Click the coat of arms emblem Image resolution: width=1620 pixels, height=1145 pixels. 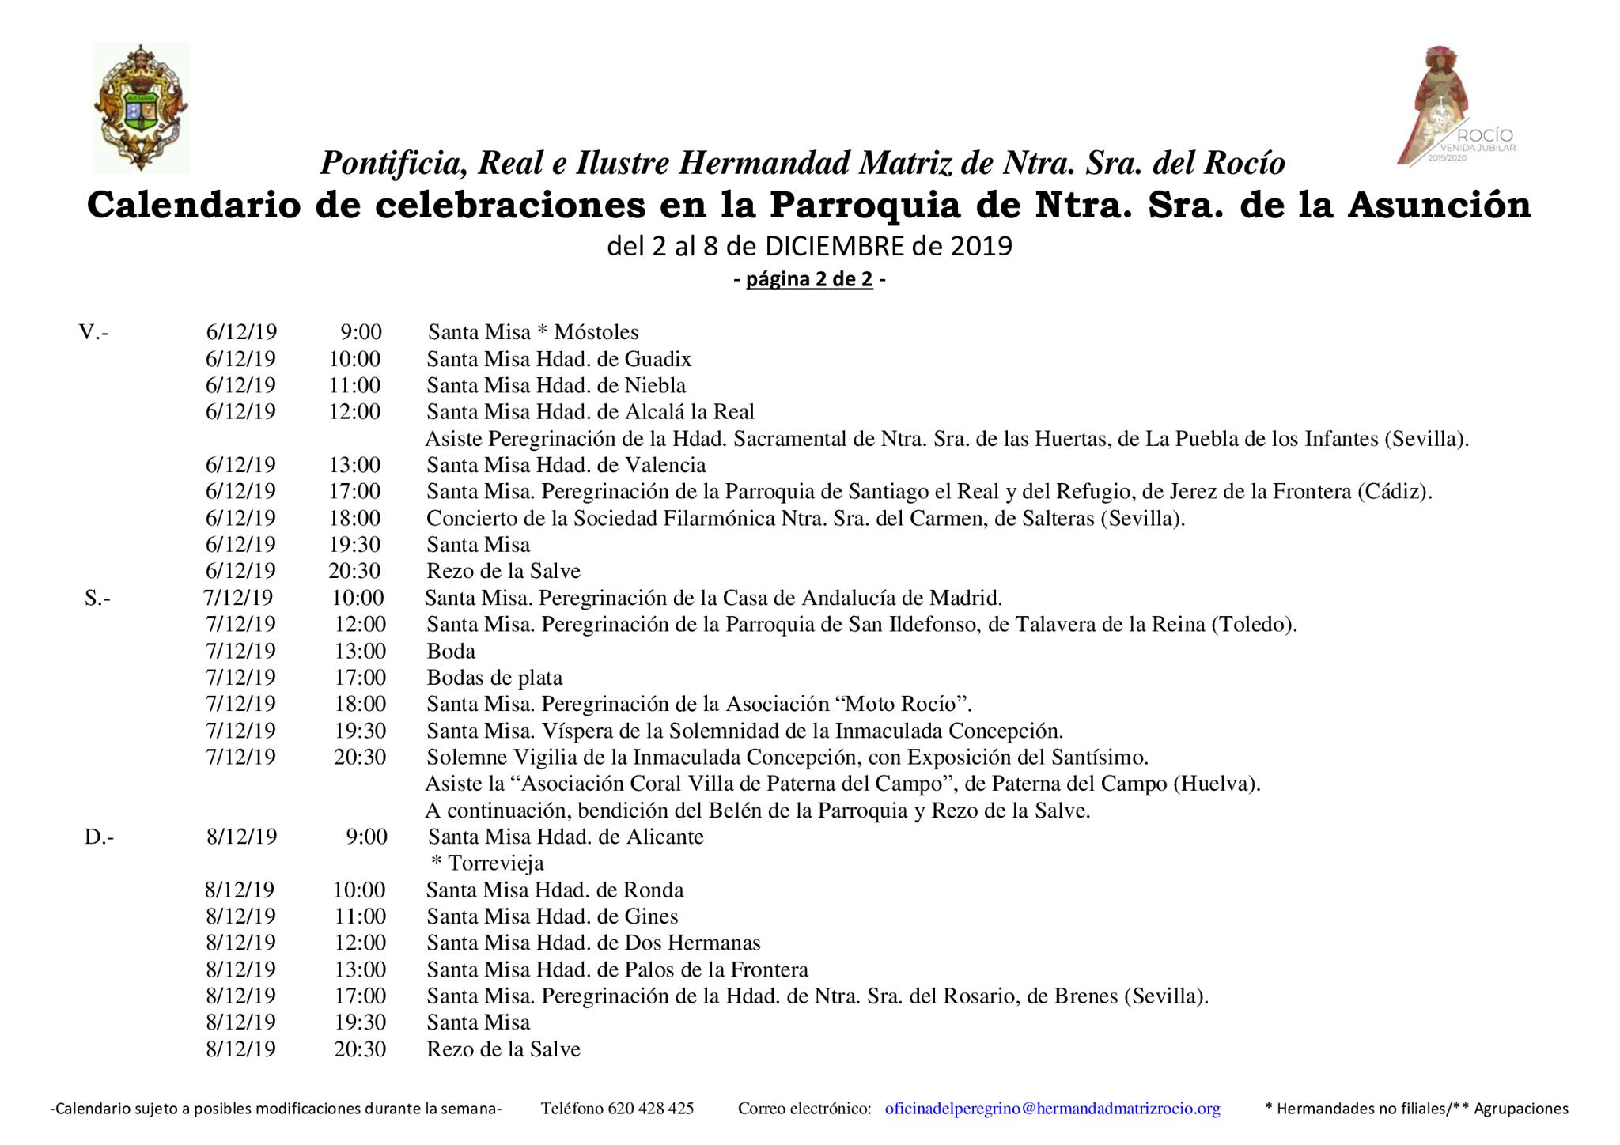pos(141,108)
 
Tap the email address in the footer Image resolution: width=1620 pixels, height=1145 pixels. pos(1052,1109)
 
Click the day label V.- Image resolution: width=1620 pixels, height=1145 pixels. pos(93,332)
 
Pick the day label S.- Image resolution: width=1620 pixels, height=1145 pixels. pos(97,598)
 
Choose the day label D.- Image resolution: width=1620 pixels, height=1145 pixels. pos(99,837)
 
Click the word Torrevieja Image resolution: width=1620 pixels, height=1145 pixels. pos(496,863)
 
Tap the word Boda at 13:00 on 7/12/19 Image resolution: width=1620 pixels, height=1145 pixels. pos(451,652)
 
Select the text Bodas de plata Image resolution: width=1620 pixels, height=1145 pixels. pos(494,678)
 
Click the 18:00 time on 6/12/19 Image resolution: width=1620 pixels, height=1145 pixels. pos(355,519)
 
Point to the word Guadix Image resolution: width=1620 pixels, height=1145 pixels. pos(657,359)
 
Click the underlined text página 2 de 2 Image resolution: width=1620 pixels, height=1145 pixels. pos(809,279)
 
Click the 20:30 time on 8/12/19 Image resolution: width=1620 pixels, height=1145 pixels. pos(360,1049)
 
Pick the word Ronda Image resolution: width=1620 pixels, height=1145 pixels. pos(653,890)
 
